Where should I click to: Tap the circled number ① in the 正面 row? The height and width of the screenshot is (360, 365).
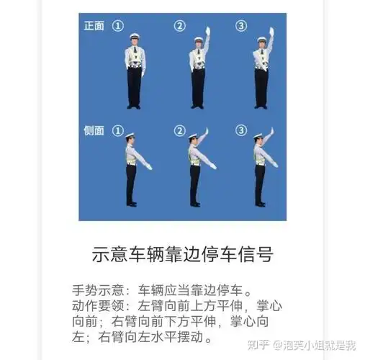pos(118,26)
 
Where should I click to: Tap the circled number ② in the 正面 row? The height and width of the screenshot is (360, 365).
pos(179,26)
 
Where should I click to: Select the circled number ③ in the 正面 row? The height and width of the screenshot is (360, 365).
pos(241,26)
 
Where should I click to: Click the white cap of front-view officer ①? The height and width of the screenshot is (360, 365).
pos(135,35)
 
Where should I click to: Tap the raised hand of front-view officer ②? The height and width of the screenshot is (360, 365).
pos(207,31)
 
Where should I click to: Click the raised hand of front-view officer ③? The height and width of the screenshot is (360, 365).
pos(271,32)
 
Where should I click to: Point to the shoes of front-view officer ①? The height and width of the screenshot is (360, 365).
pos(135,107)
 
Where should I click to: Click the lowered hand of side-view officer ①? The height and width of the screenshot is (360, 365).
pos(149,167)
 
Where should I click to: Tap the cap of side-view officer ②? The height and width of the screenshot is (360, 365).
pos(193,135)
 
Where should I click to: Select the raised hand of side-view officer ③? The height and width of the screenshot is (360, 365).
pos(271,132)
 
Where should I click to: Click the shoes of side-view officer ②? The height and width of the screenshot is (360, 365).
pos(195,204)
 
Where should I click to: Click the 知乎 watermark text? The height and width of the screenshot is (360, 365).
pos(258,345)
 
